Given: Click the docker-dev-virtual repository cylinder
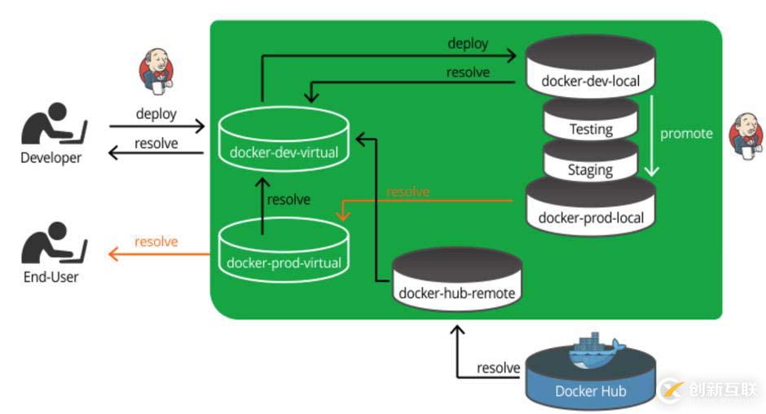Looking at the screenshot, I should [x=284, y=142].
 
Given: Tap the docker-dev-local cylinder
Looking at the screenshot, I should [x=590, y=68].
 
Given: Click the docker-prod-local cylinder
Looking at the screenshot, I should [x=590, y=207].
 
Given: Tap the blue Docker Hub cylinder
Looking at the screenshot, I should [x=590, y=379].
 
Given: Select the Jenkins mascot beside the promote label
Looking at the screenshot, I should [x=746, y=134].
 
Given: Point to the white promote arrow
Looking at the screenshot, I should [x=652, y=134].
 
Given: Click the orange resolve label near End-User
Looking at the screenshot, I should [x=156, y=241].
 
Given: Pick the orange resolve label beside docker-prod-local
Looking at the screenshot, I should [x=407, y=192].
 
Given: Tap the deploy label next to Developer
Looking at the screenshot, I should [x=156, y=113].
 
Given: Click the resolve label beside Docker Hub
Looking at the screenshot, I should [x=498, y=368].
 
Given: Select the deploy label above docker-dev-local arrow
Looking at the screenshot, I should [x=468, y=42].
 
